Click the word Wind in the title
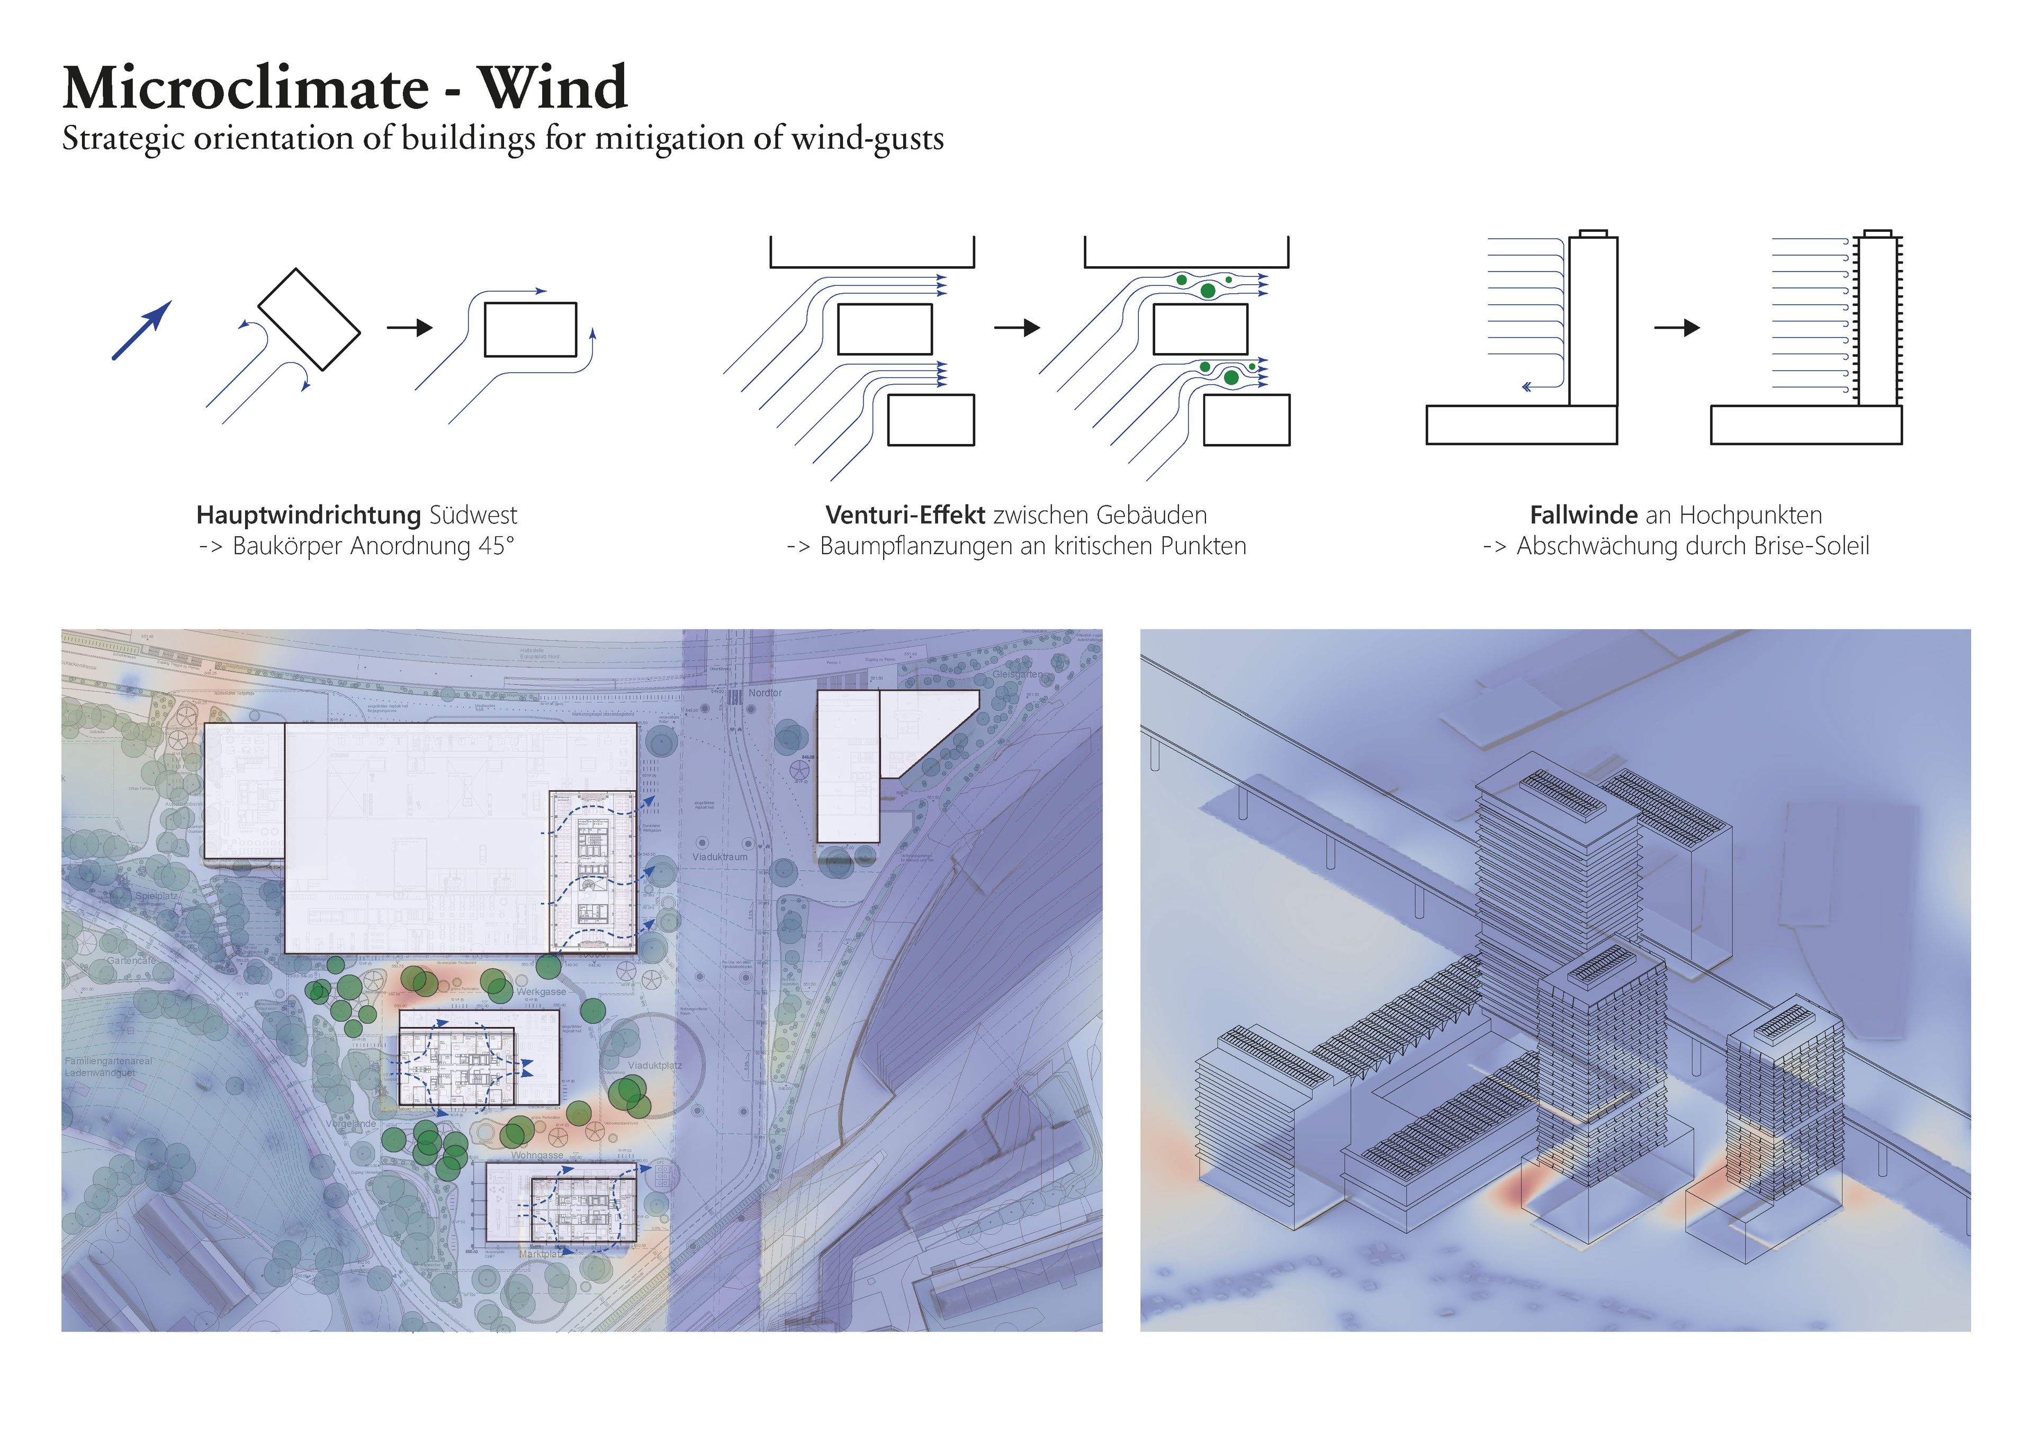coord(553,88)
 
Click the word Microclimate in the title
coord(245,88)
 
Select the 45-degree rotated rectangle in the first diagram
coord(309,319)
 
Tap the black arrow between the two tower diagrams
coord(1676,328)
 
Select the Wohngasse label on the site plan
coord(537,1155)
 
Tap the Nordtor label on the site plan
coord(765,692)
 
